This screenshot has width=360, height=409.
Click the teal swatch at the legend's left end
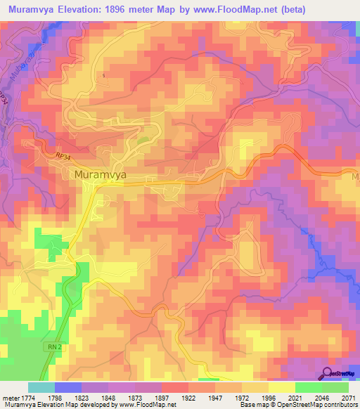pyautogui.click(x=41, y=387)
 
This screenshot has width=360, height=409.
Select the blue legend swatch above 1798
pyautogui.click(x=68, y=387)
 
